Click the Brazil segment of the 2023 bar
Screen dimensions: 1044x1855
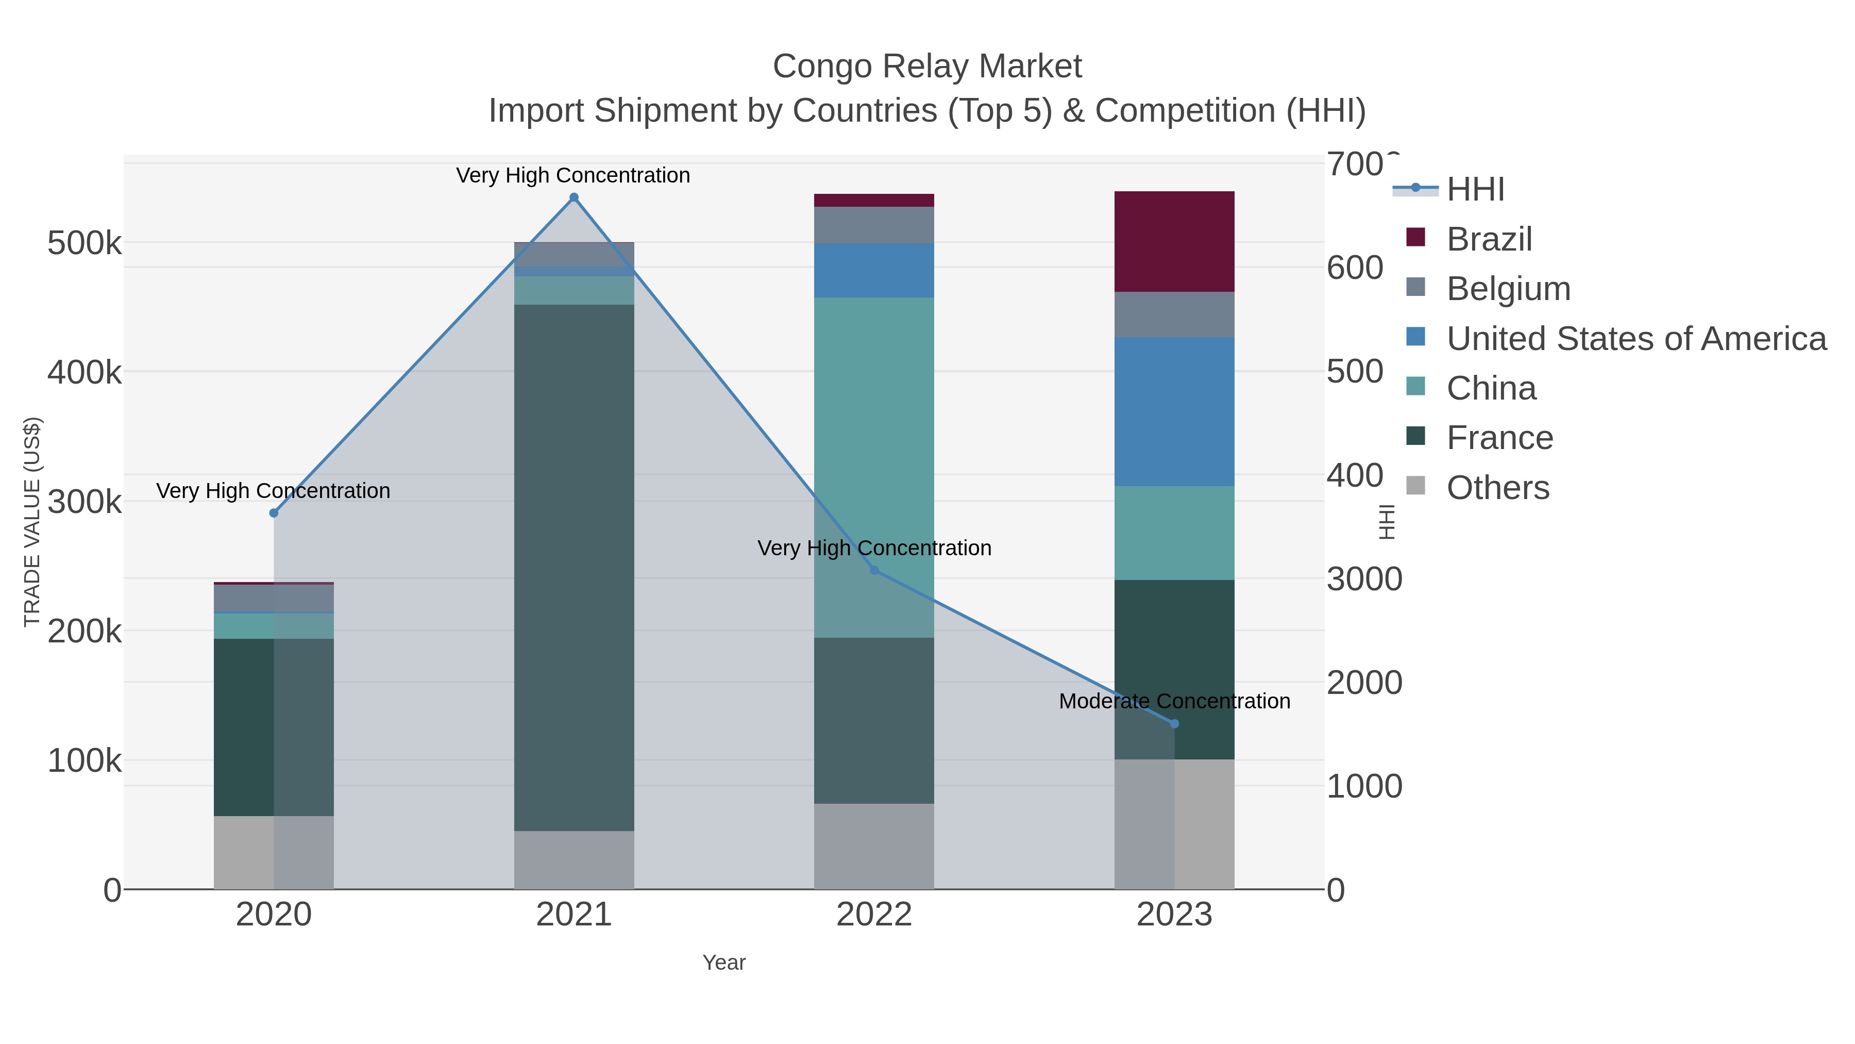[x=1174, y=241]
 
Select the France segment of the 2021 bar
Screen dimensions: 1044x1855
[x=574, y=567]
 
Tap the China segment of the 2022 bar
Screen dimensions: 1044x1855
[x=873, y=467]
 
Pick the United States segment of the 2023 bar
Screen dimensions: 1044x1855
[x=1174, y=411]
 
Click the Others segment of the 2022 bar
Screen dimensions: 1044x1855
[x=873, y=846]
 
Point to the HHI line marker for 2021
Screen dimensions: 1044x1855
[x=574, y=197]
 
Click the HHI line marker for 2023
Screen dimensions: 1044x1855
[x=1174, y=723]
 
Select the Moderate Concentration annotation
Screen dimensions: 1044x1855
[x=1174, y=701]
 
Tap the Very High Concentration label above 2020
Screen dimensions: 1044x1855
[x=273, y=491]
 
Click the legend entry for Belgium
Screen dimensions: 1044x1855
[x=1508, y=289]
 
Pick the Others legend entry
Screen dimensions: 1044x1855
[x=1497, y=488]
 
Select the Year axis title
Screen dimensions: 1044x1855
[x=724, y=963]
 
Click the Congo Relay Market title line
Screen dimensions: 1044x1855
[x=927, y=67]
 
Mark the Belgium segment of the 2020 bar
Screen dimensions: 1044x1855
[x=273, y=598]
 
